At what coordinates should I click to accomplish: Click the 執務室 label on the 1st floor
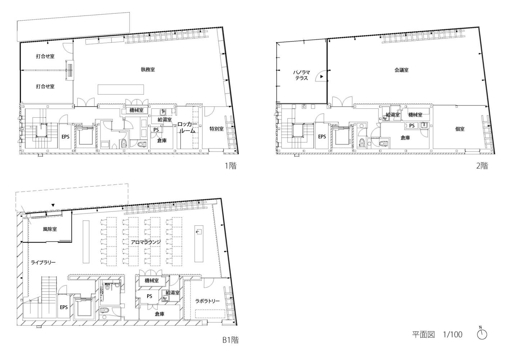pos(148,69)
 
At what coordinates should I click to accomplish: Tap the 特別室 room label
pos(216,129)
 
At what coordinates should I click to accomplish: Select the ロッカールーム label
pos(187,127)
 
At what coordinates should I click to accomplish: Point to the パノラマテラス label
pos(301,75)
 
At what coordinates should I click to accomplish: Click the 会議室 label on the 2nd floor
pos(401,70)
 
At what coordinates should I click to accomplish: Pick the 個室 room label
pos(460,129)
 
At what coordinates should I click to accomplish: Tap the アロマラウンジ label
pos(146,242)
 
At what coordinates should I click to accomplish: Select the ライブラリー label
pos(43,262)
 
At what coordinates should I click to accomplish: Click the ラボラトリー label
pos(208,301)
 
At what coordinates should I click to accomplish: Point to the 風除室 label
pos(50,229)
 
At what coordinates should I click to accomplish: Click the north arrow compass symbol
pos(482,334)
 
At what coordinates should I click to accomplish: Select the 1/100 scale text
pos(453,334)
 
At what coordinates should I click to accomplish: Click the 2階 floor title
pos(482,166)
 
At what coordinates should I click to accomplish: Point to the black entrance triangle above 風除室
pos(53,205)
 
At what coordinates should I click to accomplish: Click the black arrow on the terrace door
pos(322,77)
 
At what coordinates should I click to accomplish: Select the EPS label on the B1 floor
pos(64,307)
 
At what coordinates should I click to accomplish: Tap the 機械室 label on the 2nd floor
pos(415,115)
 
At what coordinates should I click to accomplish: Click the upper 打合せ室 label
pos(45,56)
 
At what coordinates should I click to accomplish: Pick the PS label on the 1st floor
pos(156,130)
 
